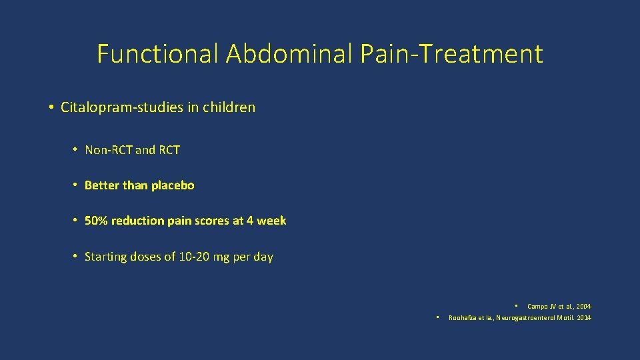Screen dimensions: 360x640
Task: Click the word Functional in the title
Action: [157, 53]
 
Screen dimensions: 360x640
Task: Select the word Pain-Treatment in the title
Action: [451, 53]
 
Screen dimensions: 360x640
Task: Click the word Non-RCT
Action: [109, 150]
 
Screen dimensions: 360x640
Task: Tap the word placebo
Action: [173, 185]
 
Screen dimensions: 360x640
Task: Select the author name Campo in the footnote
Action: [537, 307]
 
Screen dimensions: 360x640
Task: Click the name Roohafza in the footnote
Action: [465, 317]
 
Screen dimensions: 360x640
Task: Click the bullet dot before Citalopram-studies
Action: [51, 107]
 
